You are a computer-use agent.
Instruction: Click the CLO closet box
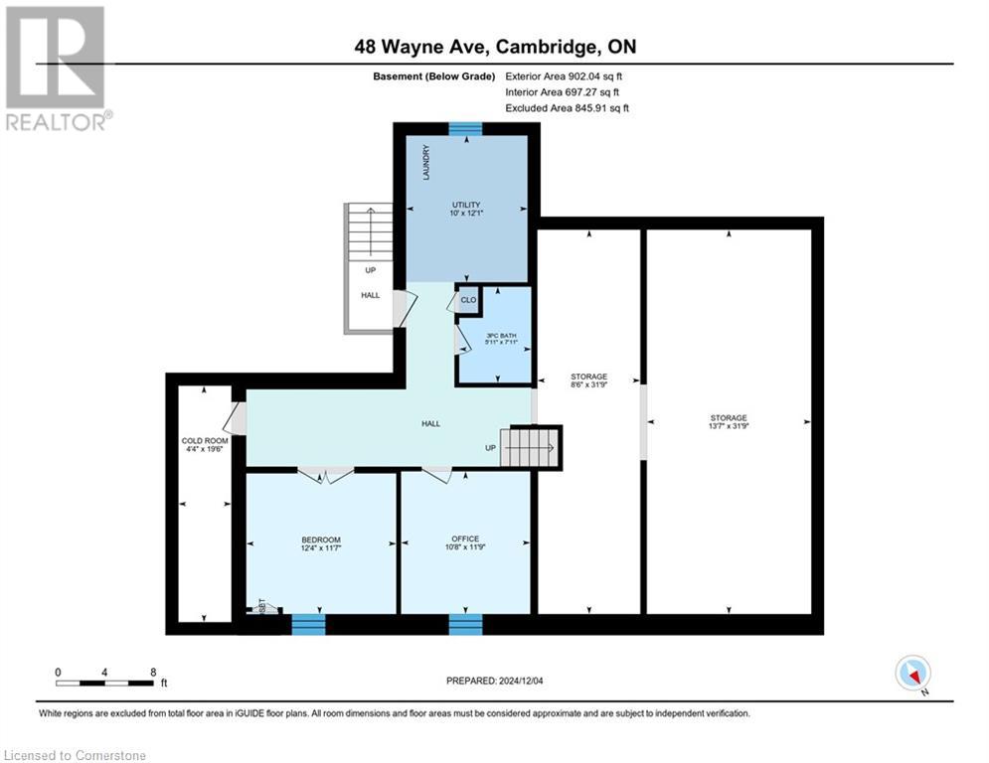tap(467, 299)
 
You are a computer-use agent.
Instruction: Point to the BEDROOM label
tap(321, 544)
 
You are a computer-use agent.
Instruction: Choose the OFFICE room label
tap(465, 543)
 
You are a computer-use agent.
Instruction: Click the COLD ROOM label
tap(204, 444)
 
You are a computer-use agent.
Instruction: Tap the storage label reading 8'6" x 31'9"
tap(588, 381)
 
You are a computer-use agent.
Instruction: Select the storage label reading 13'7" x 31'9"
tap(729, 422)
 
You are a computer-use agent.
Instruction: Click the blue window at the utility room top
tap(465, 128)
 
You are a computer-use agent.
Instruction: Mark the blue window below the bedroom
tap(308, 624)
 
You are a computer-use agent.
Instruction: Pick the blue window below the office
tap(465, 624)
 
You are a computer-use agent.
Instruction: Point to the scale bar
tap(105, 682)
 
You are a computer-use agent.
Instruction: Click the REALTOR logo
tap(56, 69)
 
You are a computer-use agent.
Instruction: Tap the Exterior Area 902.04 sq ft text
tap(564, 76)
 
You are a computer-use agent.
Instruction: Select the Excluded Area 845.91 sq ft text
tap(567, 108)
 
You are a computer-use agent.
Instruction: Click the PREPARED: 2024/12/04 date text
tap(497, 681)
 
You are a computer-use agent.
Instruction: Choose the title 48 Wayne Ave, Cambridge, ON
tap(494, 46)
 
